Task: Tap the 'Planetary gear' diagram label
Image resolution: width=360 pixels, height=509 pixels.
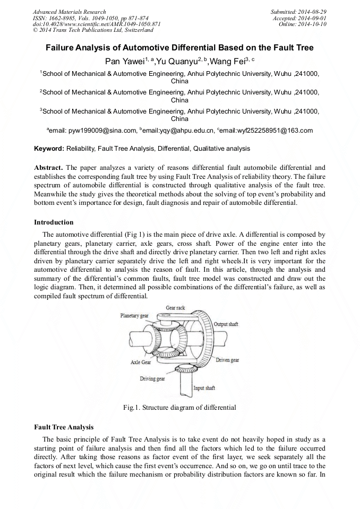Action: tap(134, 316)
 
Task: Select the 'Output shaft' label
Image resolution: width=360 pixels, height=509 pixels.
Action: tap(226, 324)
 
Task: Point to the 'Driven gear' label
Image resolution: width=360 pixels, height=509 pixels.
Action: tap(227, 360)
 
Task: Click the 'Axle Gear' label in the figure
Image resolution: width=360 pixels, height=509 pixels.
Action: tap(141, 363)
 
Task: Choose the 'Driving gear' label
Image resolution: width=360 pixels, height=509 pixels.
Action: tap(152, 379)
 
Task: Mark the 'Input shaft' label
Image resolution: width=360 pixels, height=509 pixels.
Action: tap(204, 388)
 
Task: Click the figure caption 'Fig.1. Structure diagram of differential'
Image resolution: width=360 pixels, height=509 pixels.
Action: tap(179, 408)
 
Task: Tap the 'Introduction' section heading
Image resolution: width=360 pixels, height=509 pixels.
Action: tap(54, 222)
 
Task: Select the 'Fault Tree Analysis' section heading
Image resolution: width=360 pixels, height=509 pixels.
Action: tap(64, 427)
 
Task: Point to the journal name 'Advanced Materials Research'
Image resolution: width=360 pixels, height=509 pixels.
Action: tap(69, 12)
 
